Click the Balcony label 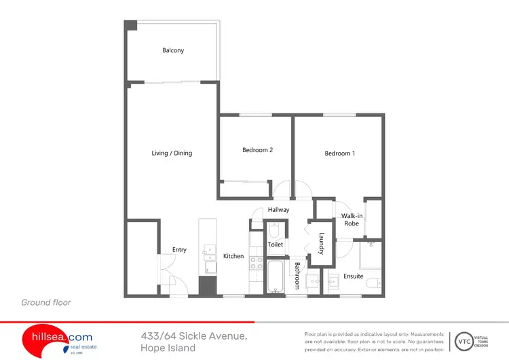173,50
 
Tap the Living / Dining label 172,153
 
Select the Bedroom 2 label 257,150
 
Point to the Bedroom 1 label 339,153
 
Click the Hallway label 278,210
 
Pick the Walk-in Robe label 352,219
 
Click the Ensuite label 353,276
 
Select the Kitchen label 233,256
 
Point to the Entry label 179,250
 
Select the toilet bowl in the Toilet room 274,230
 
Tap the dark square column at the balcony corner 130,25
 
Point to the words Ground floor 46,302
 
